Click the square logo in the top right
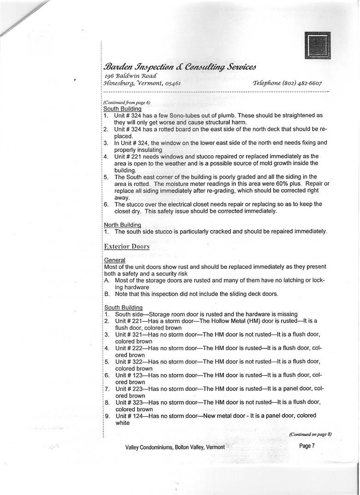(318, 45)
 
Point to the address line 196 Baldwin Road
(130, 75)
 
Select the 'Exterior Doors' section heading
(126, 246)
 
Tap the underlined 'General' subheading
(114, 260)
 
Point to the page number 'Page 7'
(307, 446)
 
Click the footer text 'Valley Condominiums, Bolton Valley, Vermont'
(175, 447)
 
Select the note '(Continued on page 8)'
(310, 434)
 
